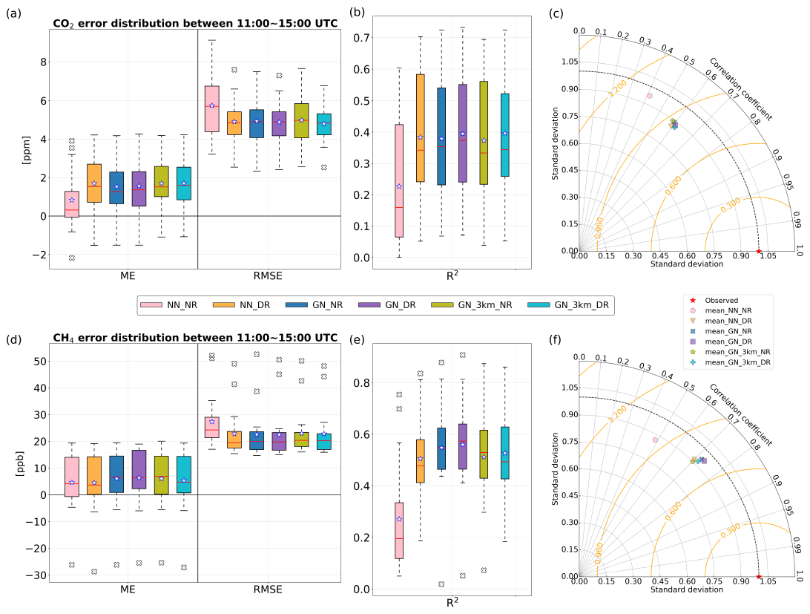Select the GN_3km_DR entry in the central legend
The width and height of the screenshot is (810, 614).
tap(567, 305)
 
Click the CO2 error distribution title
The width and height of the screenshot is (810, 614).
tap(195, 24)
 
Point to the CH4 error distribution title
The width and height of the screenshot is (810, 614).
tap(195, 338)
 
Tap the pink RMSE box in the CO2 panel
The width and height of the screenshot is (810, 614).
tap(211, 108)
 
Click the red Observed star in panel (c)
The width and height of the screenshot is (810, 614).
tap(758, 252)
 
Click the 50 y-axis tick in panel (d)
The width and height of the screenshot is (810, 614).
tap(33, 361)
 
